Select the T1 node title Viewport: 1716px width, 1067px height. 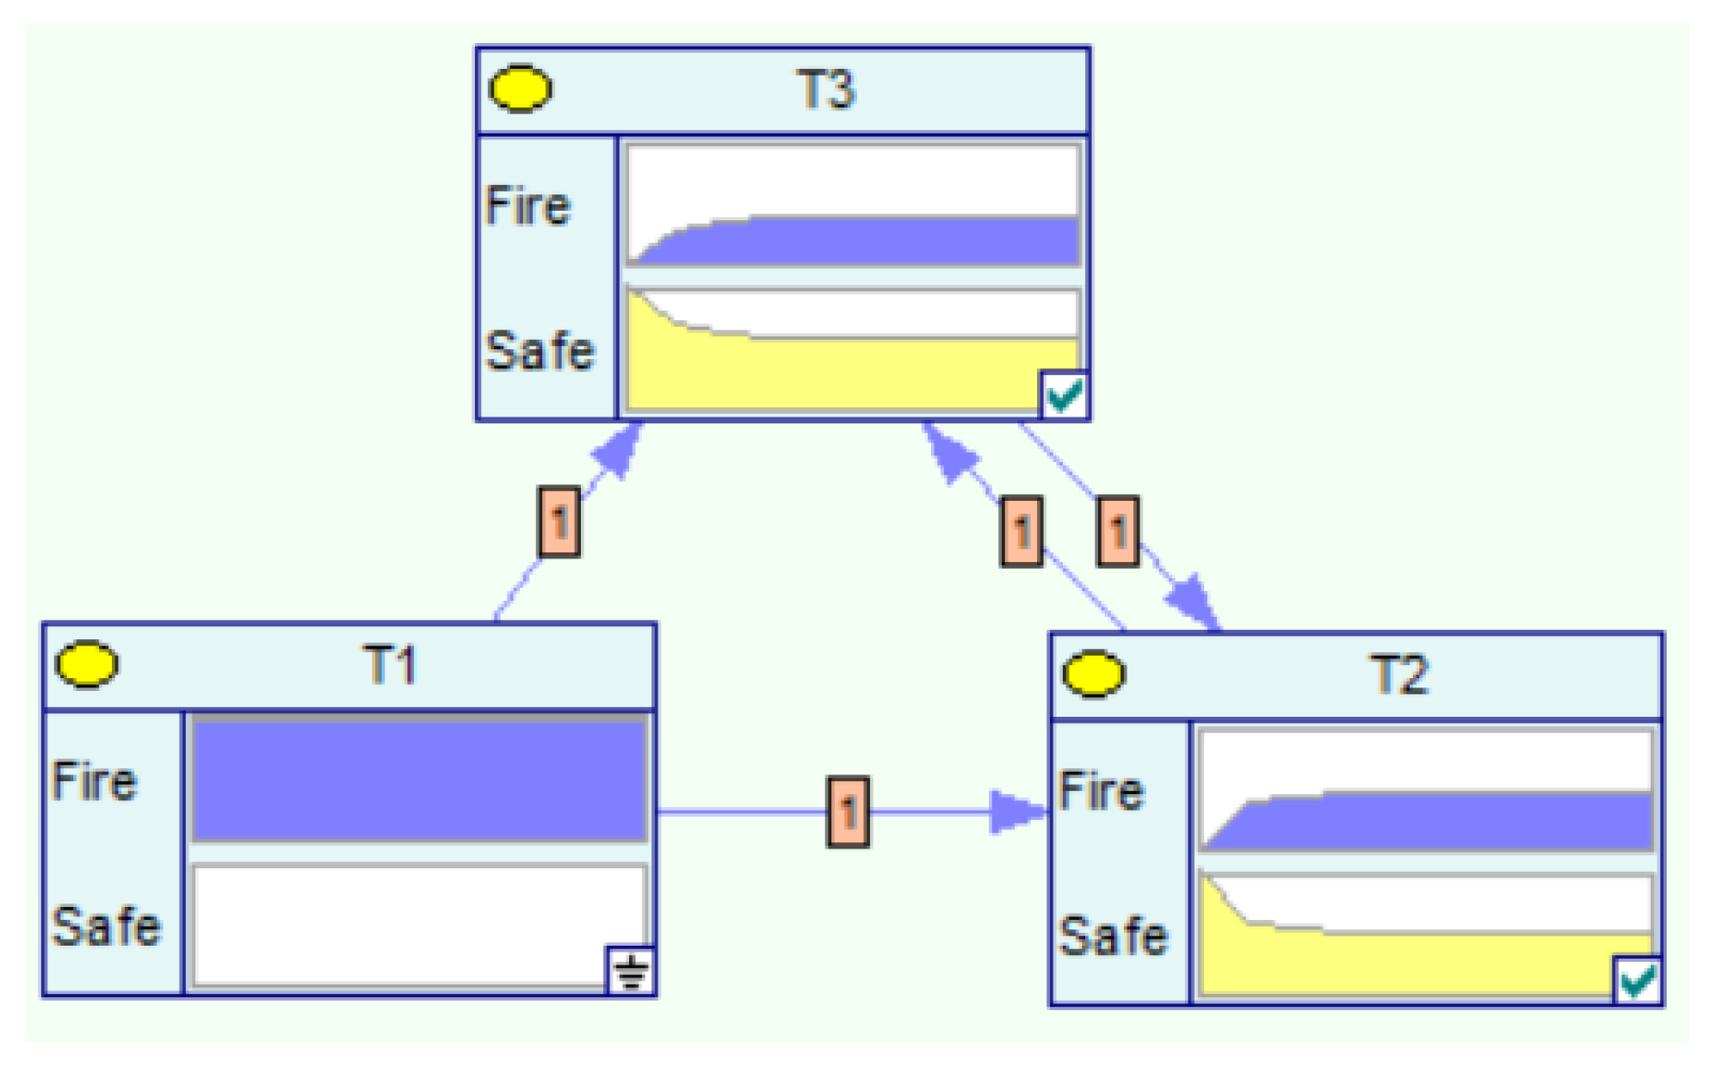point(391,665)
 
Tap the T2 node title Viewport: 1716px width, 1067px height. point(1398,675)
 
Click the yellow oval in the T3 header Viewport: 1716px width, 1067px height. point(520,89)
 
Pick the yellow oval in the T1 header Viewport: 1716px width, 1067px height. point(87,664)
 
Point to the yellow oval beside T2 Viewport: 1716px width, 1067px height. point(1093,674)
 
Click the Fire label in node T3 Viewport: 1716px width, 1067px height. point(528,206)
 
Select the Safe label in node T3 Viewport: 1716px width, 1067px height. point(540,351)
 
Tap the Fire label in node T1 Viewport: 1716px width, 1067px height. point(94,781)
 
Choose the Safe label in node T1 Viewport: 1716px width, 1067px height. point(106,927)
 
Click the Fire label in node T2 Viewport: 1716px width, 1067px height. point(1101,791)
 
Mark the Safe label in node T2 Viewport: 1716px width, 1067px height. point(1113,936)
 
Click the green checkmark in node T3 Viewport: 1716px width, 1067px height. point(1064,396)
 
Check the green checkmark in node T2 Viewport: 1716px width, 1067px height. point(1637,981)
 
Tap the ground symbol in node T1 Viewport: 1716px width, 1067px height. point(632,971)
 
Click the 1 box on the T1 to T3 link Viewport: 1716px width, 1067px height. point(559,521)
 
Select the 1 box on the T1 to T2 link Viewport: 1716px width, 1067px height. point(848,811)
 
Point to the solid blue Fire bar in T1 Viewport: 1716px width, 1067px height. point(419,780)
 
